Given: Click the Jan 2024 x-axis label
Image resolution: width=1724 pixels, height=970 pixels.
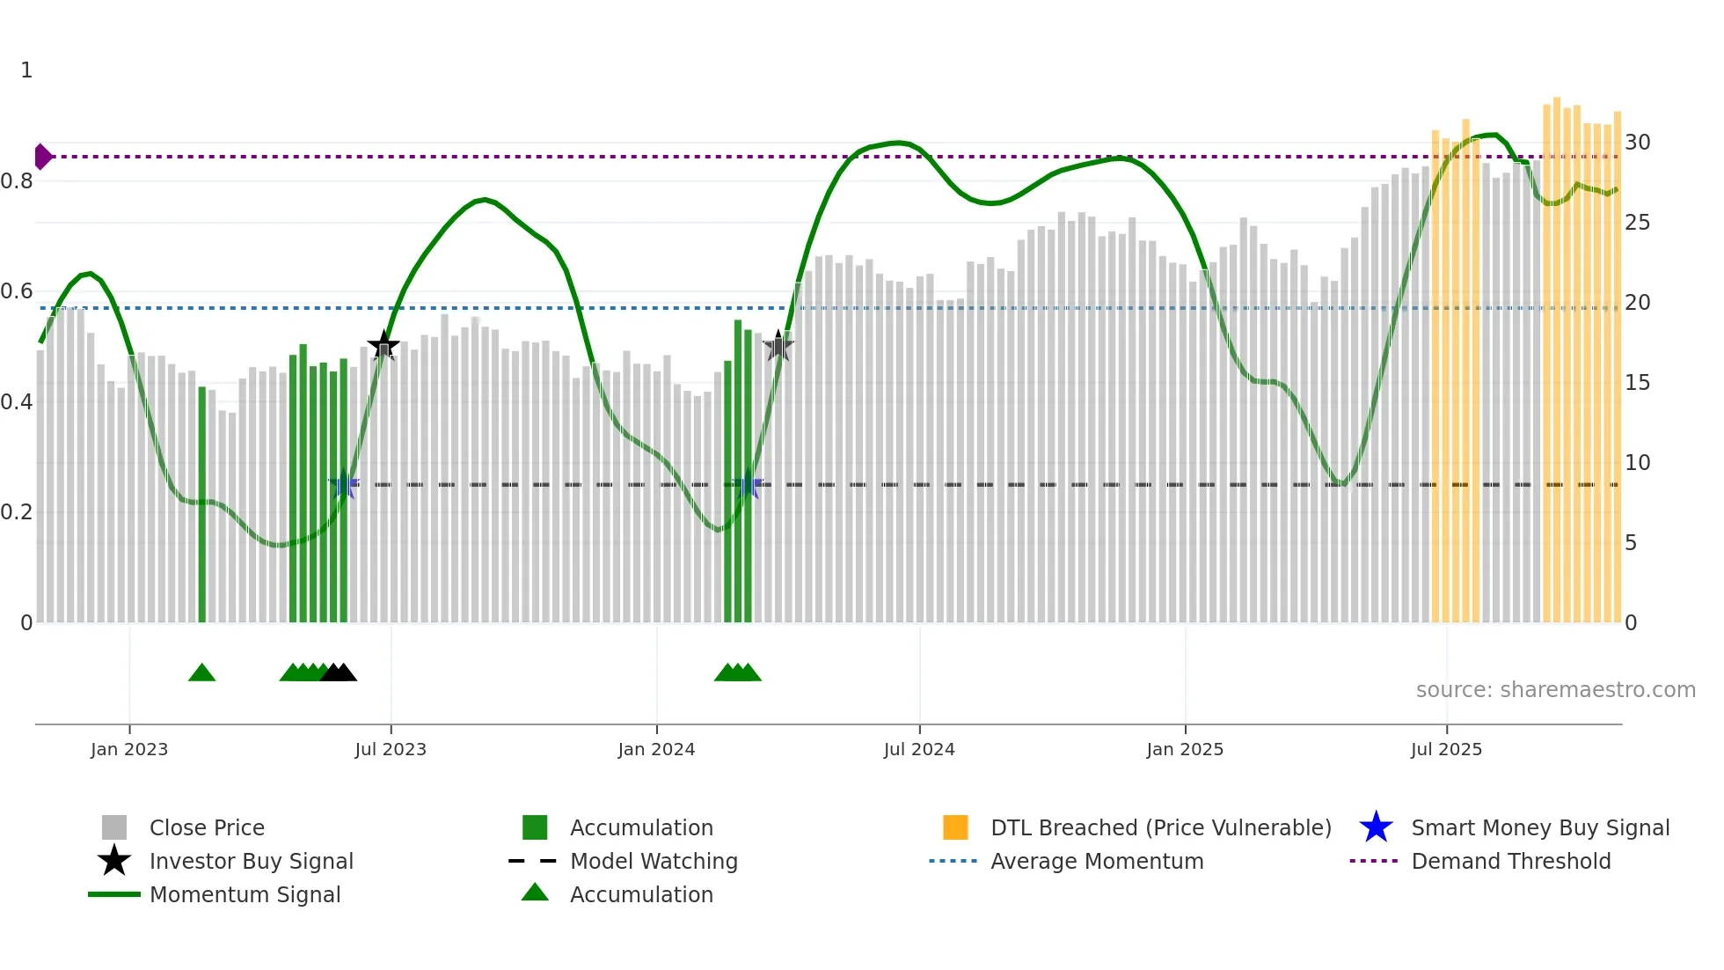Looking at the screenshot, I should (x=656, y=749).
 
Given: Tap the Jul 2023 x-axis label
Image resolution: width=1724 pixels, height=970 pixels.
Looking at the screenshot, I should (x=391, y=749).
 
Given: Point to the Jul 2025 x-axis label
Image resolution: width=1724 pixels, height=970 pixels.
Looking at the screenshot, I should (x=1446, y=749).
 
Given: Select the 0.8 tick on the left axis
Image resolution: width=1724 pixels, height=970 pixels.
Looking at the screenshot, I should (x=17, y=181).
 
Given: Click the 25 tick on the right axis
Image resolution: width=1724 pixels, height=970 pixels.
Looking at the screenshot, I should (x=1637, y=223).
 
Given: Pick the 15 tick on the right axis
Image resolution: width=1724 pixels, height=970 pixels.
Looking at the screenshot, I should (x=1637, y=383).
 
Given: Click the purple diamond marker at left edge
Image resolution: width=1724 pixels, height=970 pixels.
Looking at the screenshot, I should (x=42, y=157).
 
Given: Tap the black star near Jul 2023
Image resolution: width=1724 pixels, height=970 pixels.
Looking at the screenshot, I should (x=384, y=346).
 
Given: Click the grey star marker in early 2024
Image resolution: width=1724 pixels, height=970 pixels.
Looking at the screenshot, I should (x=778, y=347).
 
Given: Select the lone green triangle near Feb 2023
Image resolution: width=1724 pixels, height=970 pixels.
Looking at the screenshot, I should (x=201, y=673).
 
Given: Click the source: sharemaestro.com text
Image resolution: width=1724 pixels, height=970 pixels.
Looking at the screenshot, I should (x=1555, y=690).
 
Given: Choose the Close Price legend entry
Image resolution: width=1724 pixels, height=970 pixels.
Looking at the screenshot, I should (x=207, y=827).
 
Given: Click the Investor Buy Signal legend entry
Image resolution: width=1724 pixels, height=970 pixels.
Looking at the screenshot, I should (x=251, y=861).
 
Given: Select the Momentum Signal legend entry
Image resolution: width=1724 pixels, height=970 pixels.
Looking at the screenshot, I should (x=245, y=894).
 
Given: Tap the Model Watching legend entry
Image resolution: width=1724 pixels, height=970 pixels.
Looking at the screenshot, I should (x=654, y=861).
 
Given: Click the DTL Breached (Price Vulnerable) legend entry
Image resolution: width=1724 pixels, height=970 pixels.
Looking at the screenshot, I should (x=1160, y=827).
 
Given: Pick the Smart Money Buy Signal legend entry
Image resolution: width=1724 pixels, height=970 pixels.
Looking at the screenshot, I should (x=1539, y=827).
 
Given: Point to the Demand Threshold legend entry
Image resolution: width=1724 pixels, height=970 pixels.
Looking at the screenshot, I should (x=1510, y=861).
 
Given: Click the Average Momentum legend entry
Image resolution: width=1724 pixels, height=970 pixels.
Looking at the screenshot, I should (x=1096, y=861).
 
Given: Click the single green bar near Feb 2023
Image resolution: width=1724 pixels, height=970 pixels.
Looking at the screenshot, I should (x=202, y=506).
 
